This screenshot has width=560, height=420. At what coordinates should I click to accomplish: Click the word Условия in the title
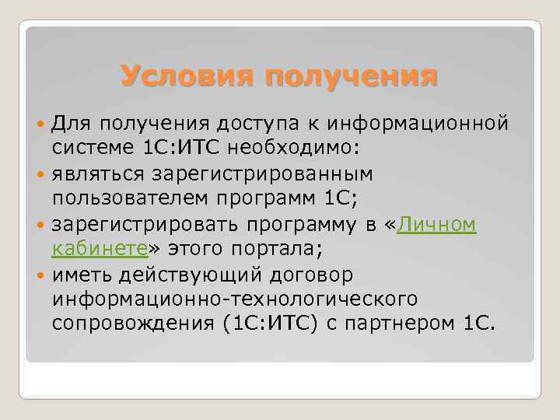187,78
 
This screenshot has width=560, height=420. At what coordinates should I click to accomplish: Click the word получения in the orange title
351,78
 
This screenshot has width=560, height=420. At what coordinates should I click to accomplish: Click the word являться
98,174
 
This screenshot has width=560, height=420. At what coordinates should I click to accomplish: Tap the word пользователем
128,199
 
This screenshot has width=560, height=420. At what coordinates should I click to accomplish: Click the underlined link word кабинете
100,250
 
